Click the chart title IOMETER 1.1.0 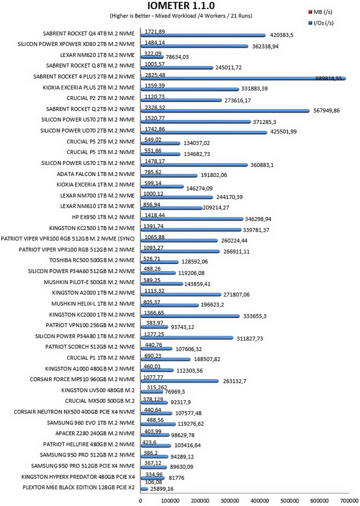[181, 6]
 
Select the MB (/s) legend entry [320, 12]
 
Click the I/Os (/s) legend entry [321, 23]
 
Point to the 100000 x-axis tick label [170, 500]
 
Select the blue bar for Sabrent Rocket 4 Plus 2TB [243, 78]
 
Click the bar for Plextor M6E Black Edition [144, 489]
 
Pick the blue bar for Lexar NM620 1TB [152, 57]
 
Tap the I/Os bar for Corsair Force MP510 [180, 381]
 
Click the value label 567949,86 [326, 110]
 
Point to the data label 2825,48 [155, 74]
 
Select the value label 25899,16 [161, 489]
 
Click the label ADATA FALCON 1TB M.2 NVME [96, 174]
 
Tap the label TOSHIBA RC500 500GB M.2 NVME [92, 260]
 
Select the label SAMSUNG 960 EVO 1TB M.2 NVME [90, 422]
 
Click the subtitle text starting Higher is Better [181, 15]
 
